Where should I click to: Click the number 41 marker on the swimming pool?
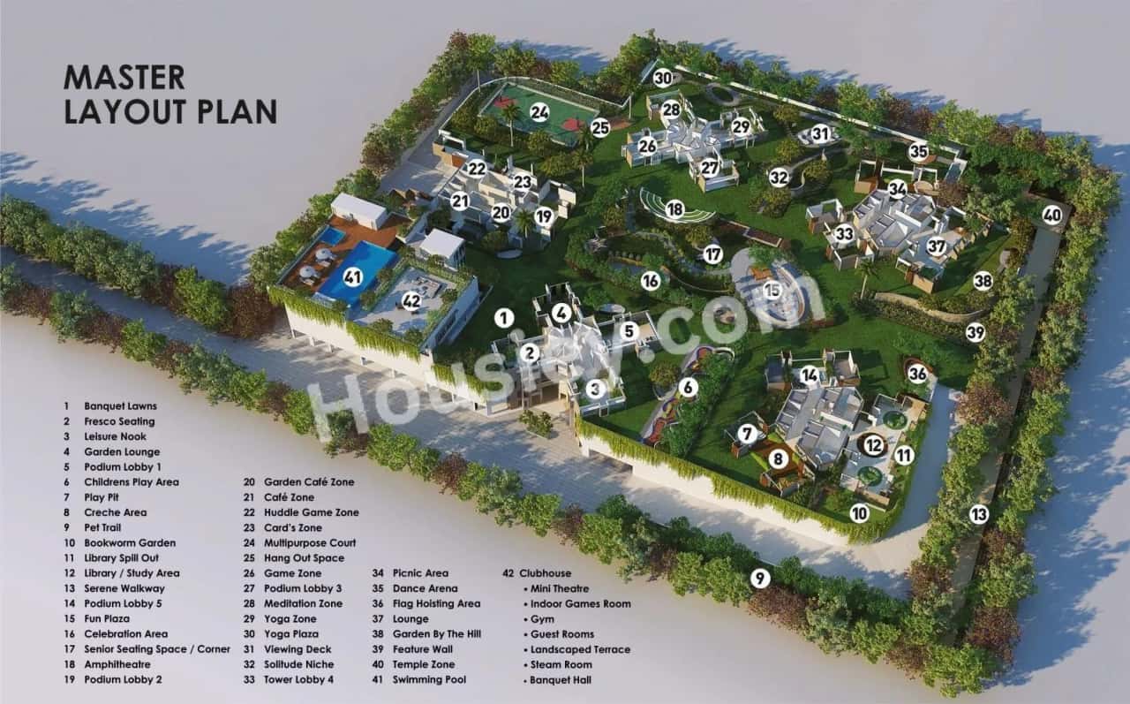point(354,276)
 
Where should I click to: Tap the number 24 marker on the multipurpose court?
point(539,112)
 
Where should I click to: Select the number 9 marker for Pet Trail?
point(760,579)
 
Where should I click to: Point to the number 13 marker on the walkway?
point(978,514)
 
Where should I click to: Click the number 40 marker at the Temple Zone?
point(1051,214)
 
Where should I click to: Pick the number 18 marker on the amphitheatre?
point(675,209)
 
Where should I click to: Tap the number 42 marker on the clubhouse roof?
point(411,300)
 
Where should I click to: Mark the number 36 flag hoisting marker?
point(918,374)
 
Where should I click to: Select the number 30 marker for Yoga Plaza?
point(663,78)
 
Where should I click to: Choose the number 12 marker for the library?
point(874,445)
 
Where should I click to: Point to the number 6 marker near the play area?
point(689,387)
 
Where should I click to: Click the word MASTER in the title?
point(124,78)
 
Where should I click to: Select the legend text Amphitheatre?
point(117,664)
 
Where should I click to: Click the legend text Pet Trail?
point(103,527)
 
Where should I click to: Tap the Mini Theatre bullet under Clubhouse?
point(560,588)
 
